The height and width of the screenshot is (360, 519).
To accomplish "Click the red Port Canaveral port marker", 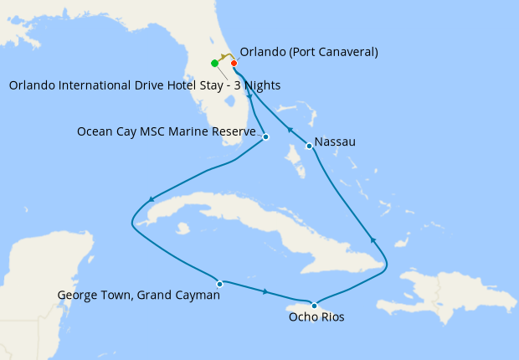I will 234,63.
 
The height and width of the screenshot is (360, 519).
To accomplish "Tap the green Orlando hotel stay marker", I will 215,63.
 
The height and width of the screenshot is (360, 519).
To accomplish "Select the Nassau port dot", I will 310,147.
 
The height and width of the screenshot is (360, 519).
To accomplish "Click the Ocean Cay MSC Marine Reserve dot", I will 265,136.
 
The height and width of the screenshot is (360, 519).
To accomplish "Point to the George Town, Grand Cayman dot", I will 219,284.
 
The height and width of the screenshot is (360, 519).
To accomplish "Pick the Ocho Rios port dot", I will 314,305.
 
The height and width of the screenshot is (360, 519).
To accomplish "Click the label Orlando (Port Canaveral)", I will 309,52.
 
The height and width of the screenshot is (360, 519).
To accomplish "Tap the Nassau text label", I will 337,142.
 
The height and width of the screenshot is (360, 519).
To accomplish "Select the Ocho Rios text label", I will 316,317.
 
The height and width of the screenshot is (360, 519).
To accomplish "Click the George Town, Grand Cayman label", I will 138,295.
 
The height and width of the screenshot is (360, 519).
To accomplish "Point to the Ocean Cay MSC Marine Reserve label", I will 166,131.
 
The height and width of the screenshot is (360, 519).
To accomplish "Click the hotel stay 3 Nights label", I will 145,85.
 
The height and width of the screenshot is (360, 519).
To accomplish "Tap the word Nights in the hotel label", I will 262,85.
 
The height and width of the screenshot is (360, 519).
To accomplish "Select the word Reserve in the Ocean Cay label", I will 233,131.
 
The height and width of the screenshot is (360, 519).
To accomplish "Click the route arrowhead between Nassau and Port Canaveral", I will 289,130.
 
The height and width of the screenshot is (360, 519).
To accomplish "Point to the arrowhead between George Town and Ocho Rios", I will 266,292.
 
